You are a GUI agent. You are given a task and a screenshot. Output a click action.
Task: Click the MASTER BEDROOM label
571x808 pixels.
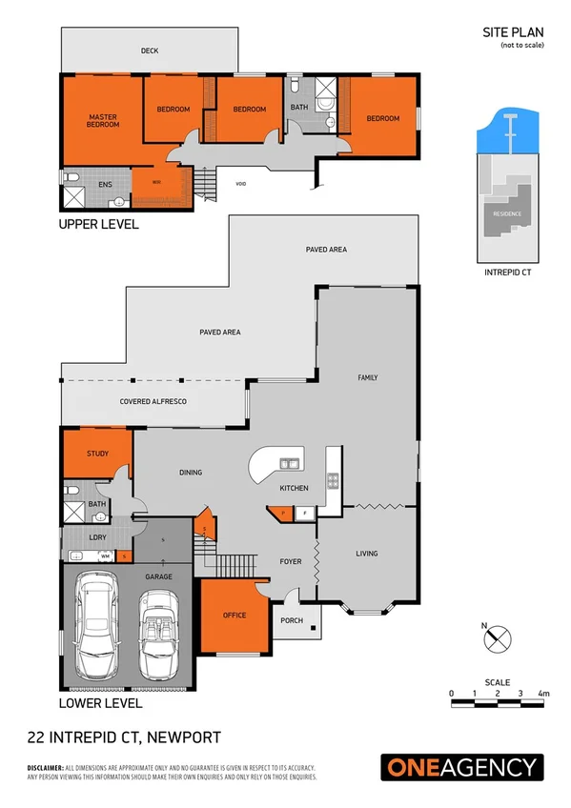tap(103, 121)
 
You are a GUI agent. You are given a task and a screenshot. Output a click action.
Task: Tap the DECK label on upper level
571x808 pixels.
tap(149, 50)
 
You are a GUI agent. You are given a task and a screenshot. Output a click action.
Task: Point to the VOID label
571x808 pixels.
tap(241, 184)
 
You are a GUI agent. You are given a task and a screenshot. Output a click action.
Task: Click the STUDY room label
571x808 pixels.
tap(97, 454)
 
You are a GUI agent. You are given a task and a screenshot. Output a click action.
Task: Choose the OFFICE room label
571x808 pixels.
tap(234, 615)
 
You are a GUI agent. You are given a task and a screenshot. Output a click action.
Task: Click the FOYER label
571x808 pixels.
tap(291, 561)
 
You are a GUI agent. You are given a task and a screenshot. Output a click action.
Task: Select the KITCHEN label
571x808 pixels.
tap(294, 488)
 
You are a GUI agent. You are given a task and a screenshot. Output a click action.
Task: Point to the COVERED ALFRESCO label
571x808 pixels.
tap(153, 402)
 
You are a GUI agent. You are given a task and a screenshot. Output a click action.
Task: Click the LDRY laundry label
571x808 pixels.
tap(97, 537)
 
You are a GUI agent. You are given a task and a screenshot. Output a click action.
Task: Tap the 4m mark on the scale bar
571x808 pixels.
tap(543, 693)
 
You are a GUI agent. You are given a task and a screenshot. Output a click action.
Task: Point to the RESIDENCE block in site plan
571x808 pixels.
tap(506, 213)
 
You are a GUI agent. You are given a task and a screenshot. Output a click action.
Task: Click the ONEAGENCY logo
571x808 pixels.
tap(462, 767)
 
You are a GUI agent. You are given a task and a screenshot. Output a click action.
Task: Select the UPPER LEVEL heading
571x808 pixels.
tap(98, 225)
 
